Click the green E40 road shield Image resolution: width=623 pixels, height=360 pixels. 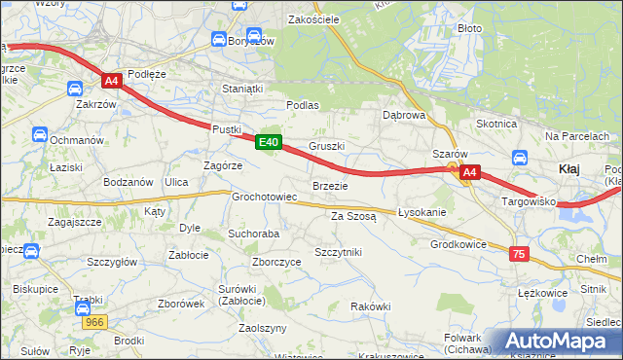tap(270, 143)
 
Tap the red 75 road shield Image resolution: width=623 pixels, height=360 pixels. tap(519, 253)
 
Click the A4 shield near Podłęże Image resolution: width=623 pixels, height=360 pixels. tap(112, 82)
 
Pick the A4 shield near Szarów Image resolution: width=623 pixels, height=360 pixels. tap(469, 173)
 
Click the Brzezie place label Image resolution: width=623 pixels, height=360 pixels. tap(329, 185)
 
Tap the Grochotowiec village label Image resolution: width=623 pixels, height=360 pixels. tap(264, 197)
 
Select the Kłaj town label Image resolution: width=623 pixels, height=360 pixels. tap(570, 169)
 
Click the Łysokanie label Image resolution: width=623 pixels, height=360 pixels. tap(421, 212)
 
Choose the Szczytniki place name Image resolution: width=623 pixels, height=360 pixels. tap(338, 251)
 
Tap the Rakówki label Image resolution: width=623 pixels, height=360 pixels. tap(370, 306)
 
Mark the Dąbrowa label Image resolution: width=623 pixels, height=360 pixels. tap(404, 115)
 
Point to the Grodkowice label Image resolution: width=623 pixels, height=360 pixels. tap(458, 244)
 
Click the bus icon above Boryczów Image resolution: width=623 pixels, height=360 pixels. tap(219, 39)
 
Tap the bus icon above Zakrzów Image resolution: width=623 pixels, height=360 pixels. tap(75, 88)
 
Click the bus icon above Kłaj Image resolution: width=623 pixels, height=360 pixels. tap(519, 156)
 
